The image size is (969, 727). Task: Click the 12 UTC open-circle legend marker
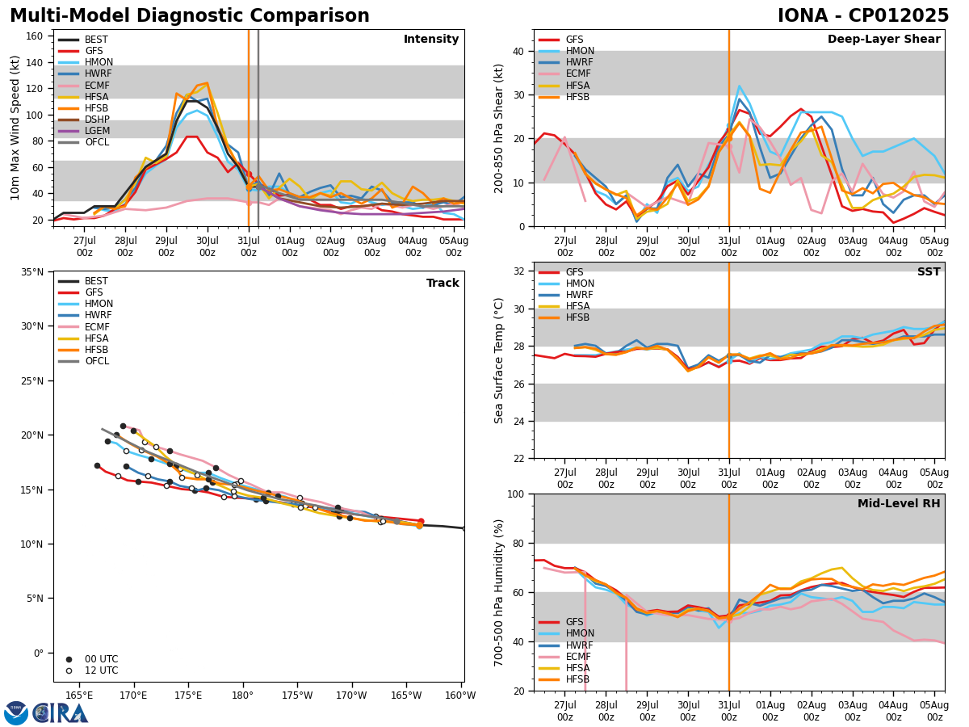tap(69, 670)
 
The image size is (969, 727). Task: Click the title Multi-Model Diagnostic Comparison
tap(190, 16)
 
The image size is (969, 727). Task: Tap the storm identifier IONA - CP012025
tap(862, 16)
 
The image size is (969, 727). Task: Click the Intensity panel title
tap(431, 40)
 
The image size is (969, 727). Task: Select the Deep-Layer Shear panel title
tap(883, 40)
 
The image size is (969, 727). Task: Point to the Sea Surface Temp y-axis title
tap(500, 360)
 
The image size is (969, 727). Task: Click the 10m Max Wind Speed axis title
tap(16, 128)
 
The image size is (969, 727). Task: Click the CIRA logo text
tap(61, 713)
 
